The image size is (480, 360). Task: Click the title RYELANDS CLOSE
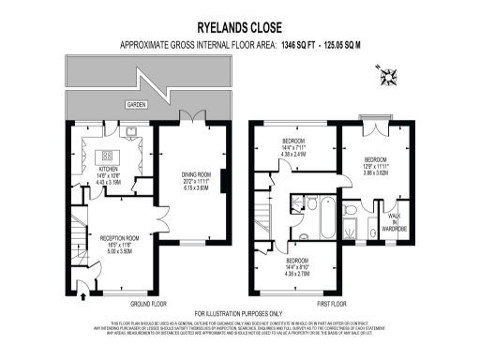239,29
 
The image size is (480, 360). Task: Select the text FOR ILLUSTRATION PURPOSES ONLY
239,313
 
